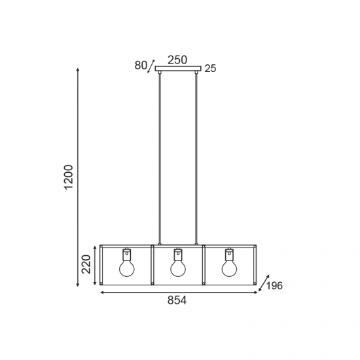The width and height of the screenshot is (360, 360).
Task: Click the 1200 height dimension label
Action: click(x=69, y=177)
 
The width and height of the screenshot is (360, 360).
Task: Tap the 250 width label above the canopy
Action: click(x=177, y=60)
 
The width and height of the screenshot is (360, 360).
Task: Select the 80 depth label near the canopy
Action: click(x=141, y=65)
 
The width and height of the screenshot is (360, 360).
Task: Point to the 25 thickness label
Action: click(x=210, y=69)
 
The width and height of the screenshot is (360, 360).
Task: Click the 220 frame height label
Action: click(x=86, y=264)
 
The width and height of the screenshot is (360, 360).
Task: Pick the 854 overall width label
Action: click(x=177, y=300)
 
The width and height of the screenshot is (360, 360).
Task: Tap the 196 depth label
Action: click(x=274, y=286)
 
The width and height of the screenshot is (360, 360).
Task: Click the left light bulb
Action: click(x=127, y=268)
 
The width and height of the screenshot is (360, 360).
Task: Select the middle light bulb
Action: click(x=178, y=268)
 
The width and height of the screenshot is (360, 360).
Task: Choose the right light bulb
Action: click(x=229, y=268)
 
